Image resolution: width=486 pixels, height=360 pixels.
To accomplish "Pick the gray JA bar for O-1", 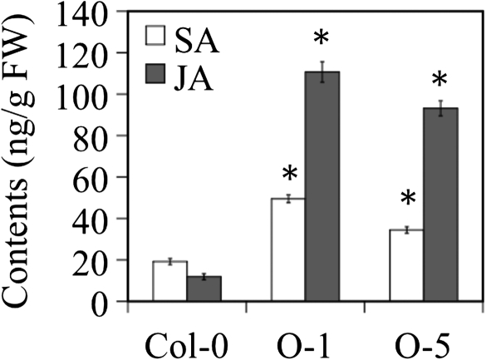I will [322, 187].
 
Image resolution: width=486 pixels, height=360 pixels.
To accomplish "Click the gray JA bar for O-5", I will [441, 205].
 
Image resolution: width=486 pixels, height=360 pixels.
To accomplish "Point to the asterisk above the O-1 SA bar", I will [289, 175].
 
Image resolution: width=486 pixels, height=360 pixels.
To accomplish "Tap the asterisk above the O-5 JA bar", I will [440, 81].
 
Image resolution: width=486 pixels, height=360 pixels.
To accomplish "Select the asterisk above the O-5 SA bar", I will [407, 200].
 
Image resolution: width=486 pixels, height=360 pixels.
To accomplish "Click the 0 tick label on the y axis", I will [106, 301].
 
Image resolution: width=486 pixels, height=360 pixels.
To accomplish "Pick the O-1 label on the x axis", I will [305, 343].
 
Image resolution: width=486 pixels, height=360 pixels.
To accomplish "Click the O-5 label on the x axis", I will [424, 343].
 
